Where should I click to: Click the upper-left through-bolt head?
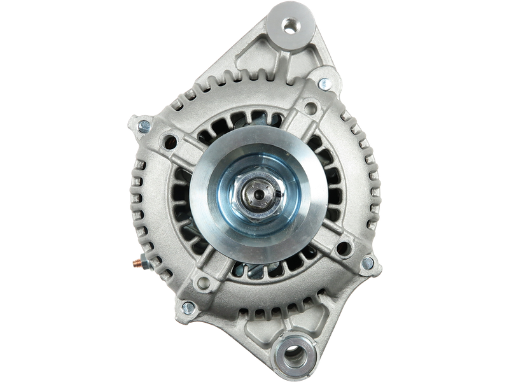click(x=144, y=125)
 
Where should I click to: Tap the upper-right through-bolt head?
click(x=323, y=82)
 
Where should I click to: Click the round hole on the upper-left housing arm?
click(x=170, y=141)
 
